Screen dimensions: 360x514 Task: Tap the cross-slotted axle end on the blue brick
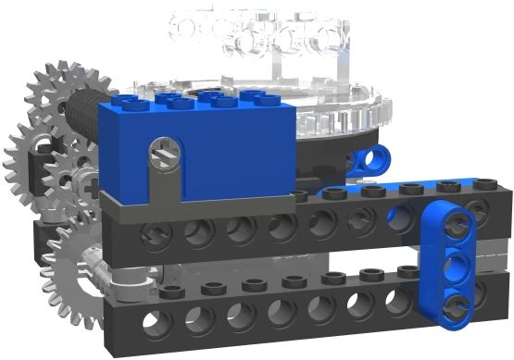tap(166, 147)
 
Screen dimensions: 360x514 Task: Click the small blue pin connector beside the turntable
tap(372, 159)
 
